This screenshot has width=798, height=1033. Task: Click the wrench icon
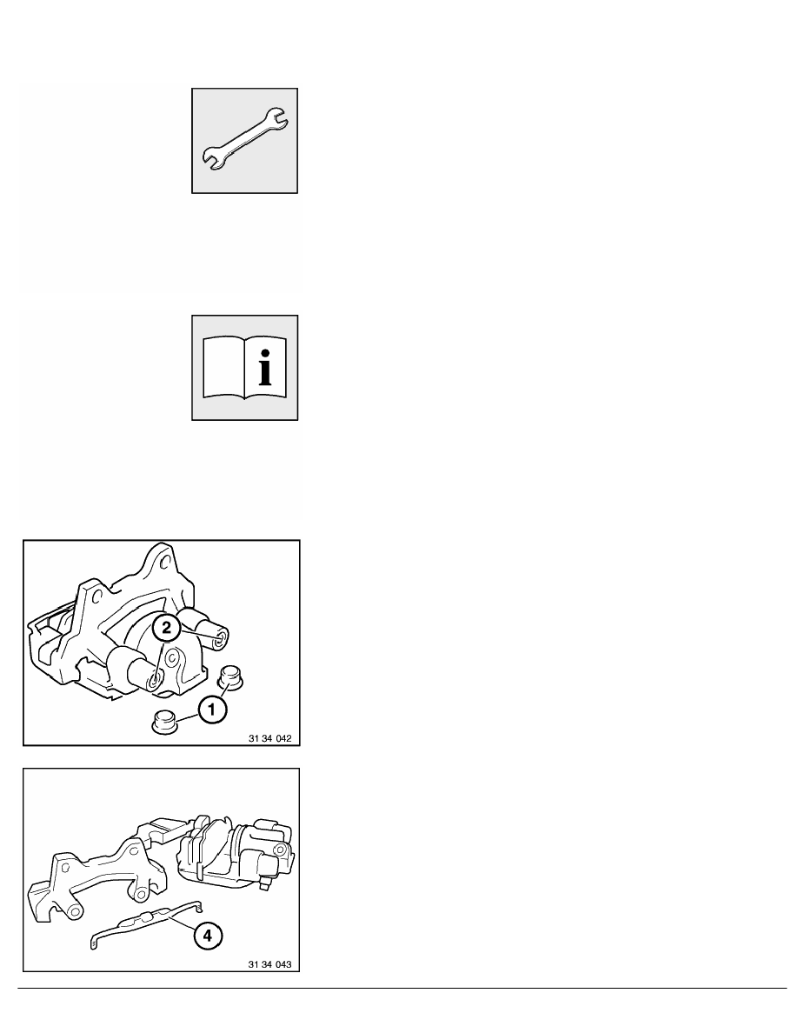pos(244,140)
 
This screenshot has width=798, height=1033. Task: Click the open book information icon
pos(245,368)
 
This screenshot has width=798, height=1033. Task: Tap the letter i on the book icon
pos(264,368)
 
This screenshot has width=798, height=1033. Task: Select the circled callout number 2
pos(166,628)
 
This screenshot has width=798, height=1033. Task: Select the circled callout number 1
pos(211,710)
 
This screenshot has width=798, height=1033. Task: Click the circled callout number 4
pos(208,935)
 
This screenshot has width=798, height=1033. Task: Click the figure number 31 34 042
pos(270,738)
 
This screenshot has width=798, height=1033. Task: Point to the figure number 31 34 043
pos(270,964)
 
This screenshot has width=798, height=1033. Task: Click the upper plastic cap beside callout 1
pos(229,677)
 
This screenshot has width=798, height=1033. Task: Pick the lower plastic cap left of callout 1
pos(164,721)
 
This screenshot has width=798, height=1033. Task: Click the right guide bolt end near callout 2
pos(221,637)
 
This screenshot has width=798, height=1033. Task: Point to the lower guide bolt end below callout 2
pos(153,681)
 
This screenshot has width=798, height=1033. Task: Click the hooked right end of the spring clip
pos(199,906)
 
